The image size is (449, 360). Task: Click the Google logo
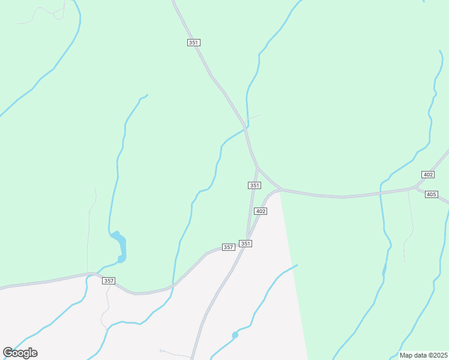[x=20, y=353]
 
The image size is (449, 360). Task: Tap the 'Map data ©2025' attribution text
[x=424, y=355]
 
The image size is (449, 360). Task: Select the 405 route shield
[x=431, y=194]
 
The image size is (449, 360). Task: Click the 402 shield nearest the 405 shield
[x=427, y=175]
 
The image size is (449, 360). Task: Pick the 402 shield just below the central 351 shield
[x=260, y=211]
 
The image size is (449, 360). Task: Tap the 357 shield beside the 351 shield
[x=228, y=247]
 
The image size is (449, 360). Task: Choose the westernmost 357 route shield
[x=109, y=281]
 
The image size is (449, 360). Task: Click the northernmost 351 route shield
[x=193, y=43]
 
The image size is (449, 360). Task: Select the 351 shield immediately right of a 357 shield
[x=245, y=244]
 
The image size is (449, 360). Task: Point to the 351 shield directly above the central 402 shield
[x=255, y=186]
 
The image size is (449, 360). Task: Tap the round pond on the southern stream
[x=235, y=335]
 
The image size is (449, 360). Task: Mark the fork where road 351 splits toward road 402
[x=258, y=167]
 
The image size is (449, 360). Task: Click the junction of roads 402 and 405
[x=414, y=188]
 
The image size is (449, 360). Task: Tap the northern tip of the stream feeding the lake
[x=146, y=95]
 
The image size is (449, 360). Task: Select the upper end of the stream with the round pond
[x=297, y=265]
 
